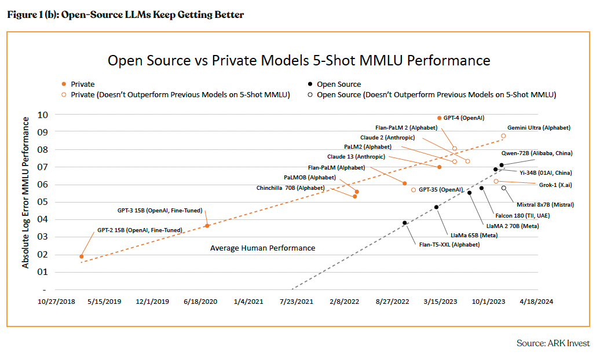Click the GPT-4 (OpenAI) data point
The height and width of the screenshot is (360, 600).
pyautogui.click(x=440, y=117)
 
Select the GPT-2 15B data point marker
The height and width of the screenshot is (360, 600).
pyautogui.click(x=82, y=256)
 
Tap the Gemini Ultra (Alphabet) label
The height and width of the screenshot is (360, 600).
pyautogui.click(x=539, y=127)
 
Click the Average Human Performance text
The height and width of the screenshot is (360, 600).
pyautogui.click(x=262, y=248)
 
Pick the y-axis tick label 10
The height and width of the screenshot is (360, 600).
pyautogui.click(x=42, y=115)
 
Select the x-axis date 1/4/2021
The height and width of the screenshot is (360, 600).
pyautogui.click(x=248, y=302)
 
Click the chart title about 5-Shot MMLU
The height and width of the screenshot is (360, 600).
pyautogui.click(x=299, y=60)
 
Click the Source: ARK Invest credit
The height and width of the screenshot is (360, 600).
pyautogui.click(x=553, y=343)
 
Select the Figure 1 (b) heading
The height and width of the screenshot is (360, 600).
pyautogui.click(x=125, y=15)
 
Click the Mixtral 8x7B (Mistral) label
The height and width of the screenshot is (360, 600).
pyautogui.click(x=544, y=204)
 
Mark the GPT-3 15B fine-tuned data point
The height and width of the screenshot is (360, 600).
pyautogui.click(x=207, y=226)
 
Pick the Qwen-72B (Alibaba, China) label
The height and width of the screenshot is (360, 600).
pyautogui.click(x=537, y=153)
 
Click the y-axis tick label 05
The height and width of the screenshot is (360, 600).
pyautogui.click(x=42, y=202)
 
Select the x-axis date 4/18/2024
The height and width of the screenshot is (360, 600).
pyautogui.click(x=536, y=302)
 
